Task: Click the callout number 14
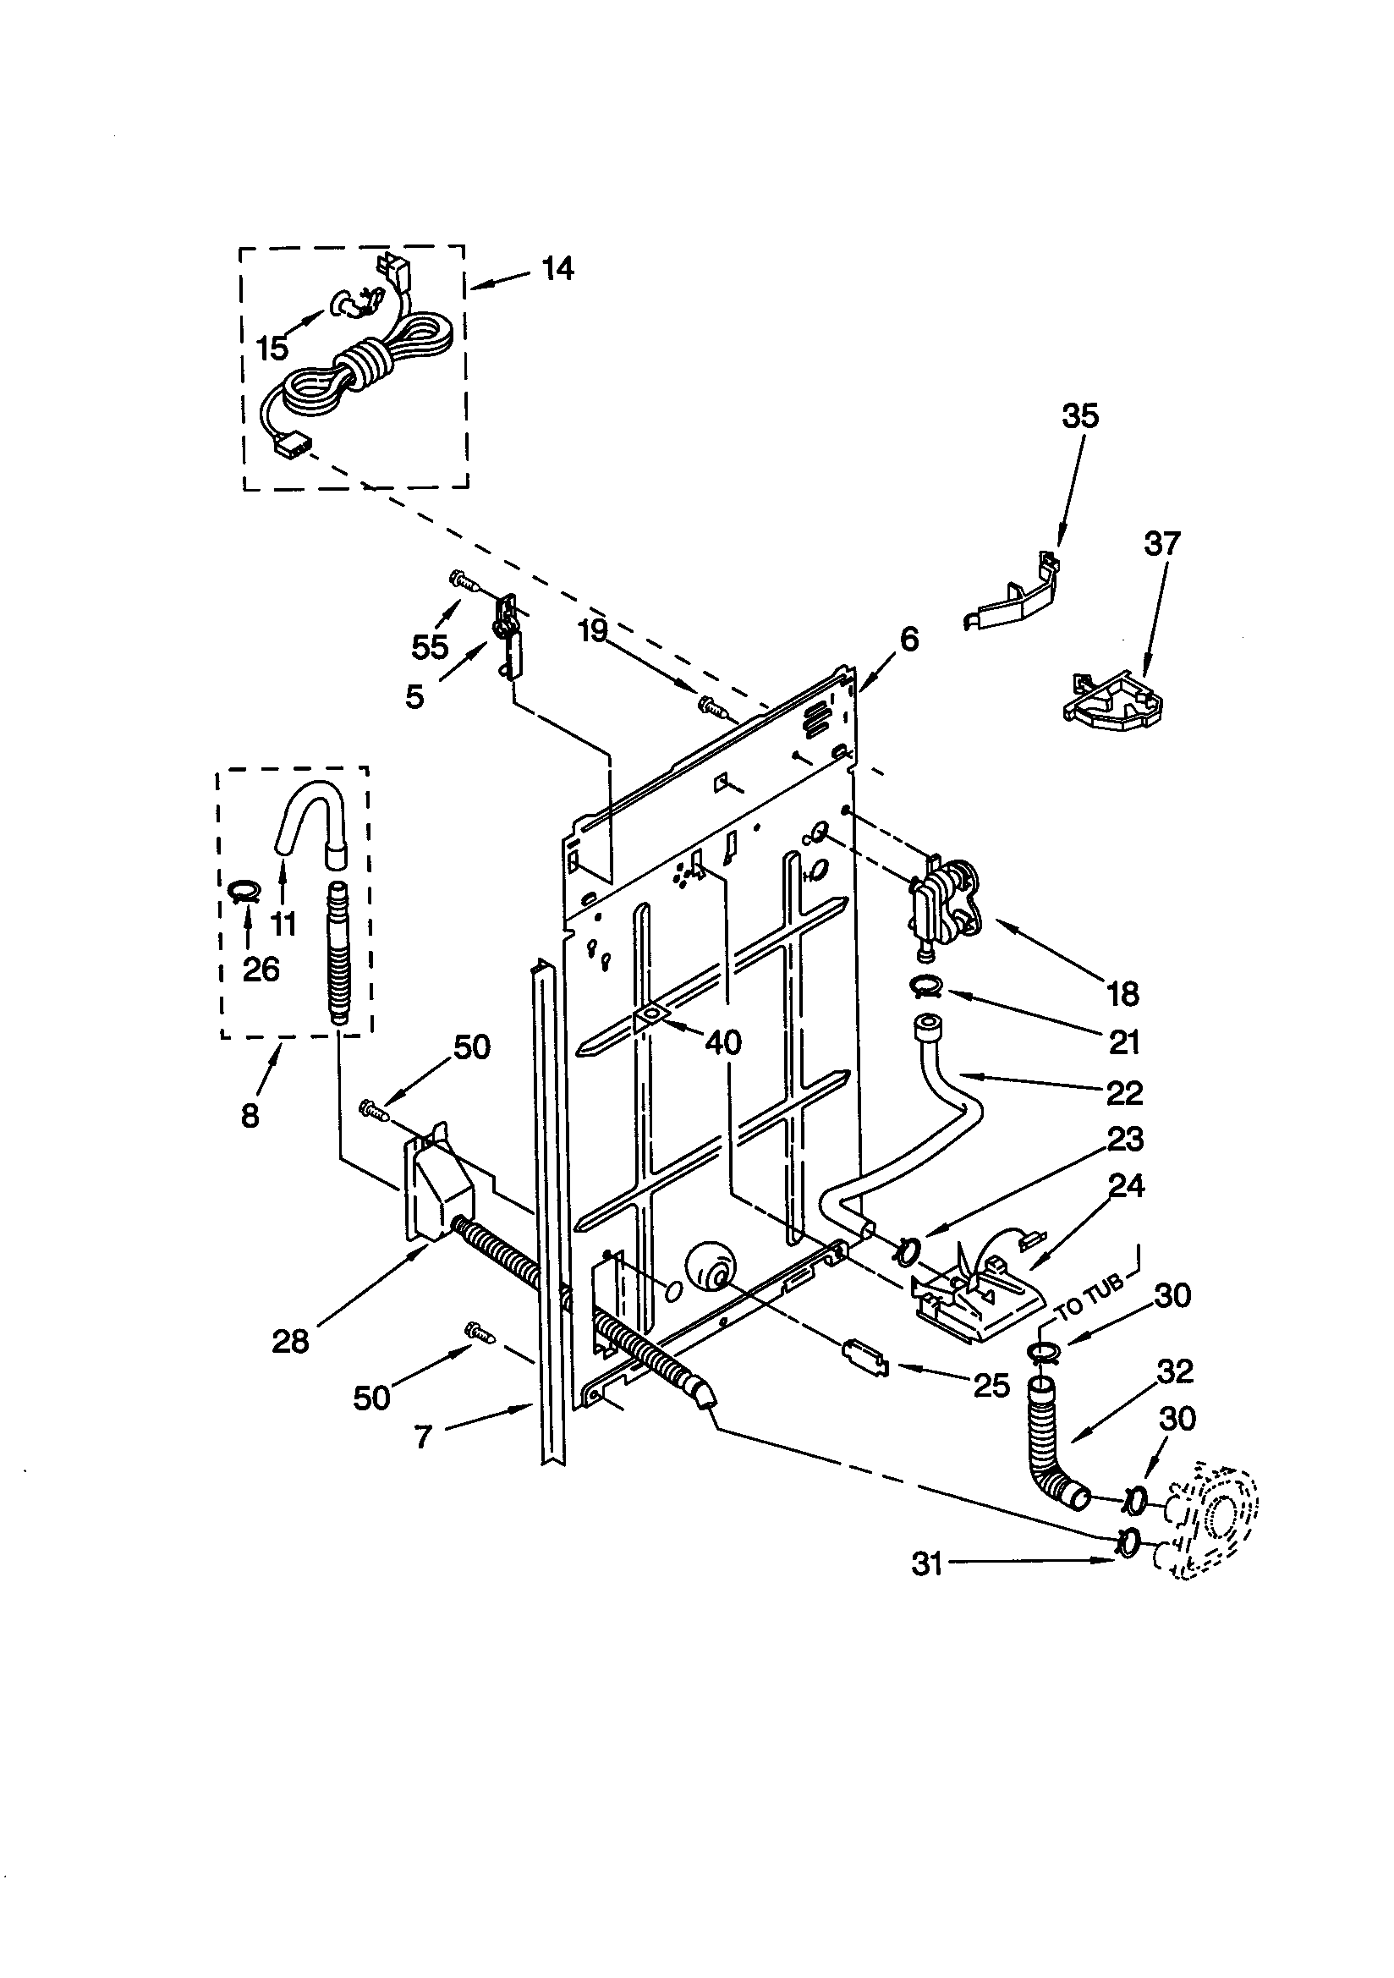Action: [557, 269]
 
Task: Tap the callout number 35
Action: [1079, 416]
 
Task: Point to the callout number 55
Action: [430, 647]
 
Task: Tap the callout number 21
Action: [1123, 1042]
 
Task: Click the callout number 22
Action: [1123, 1093]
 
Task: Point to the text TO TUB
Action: [1090, 1299]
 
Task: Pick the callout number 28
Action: [289, 1341]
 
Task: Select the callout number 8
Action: [249, 1117]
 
